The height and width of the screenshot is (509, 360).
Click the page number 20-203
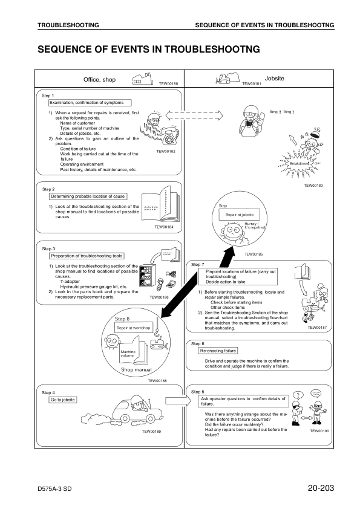click(x=320, y=487)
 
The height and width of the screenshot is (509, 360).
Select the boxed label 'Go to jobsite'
click(x=62, y=400)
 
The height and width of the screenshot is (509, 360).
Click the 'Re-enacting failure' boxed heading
click(x=218, y=351)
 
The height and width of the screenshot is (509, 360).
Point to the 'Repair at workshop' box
click(x=133, y=328)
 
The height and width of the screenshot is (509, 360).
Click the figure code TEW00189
click(x=151, y=431)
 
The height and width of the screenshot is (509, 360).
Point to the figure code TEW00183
click(x=313, y=186)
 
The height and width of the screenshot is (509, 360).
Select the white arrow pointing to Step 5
click(x=175, y=400)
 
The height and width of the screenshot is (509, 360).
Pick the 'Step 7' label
click(x=198, y=264)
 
